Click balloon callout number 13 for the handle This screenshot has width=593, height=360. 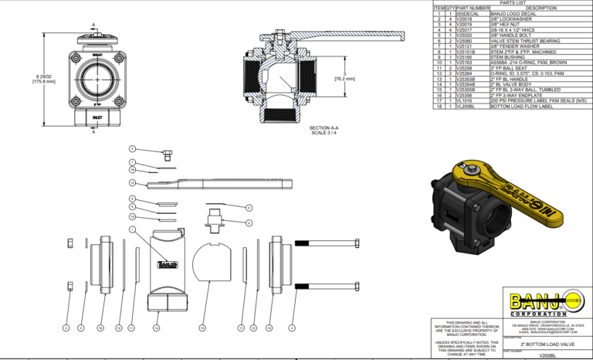point(132,182)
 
